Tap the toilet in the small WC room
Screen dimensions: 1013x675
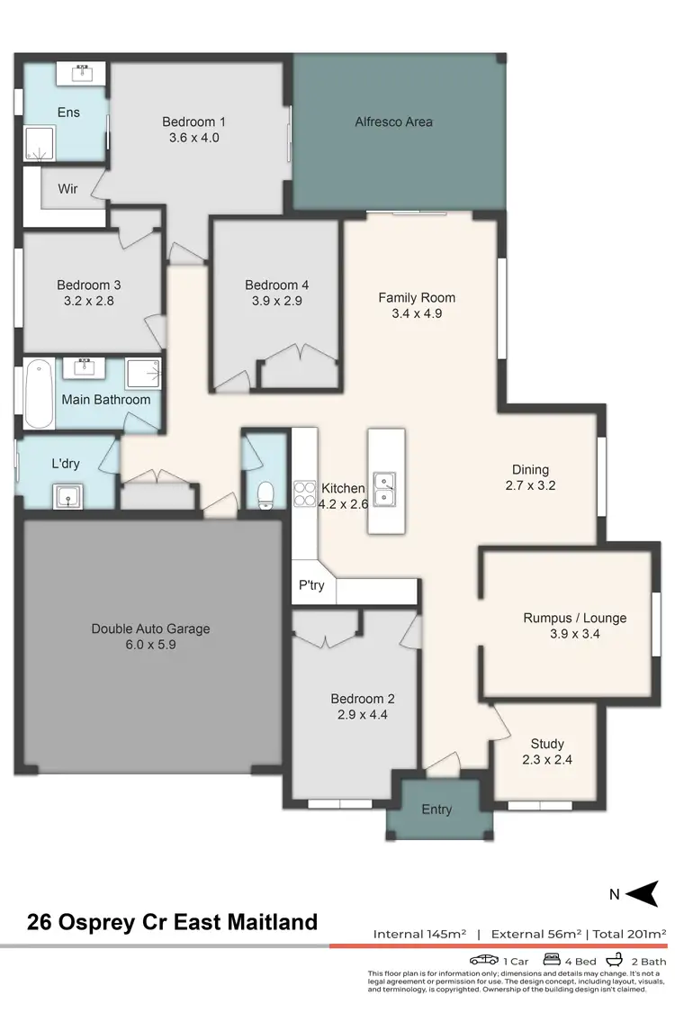tap(265, 494)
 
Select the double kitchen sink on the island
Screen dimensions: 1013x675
tap(385, 487)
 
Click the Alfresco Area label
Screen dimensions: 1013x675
tap(394, 122)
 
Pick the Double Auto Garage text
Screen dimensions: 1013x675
tap(150, 629)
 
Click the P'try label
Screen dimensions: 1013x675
tap(311, 585)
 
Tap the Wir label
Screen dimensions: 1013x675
tap(68, 189)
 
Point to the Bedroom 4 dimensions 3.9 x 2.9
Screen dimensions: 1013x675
tap(277, 301)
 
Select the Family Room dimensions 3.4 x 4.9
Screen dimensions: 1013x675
tap(417, 313)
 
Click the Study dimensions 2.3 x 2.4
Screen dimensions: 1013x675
tap(547, 759)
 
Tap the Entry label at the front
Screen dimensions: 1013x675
tap(437, 809)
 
